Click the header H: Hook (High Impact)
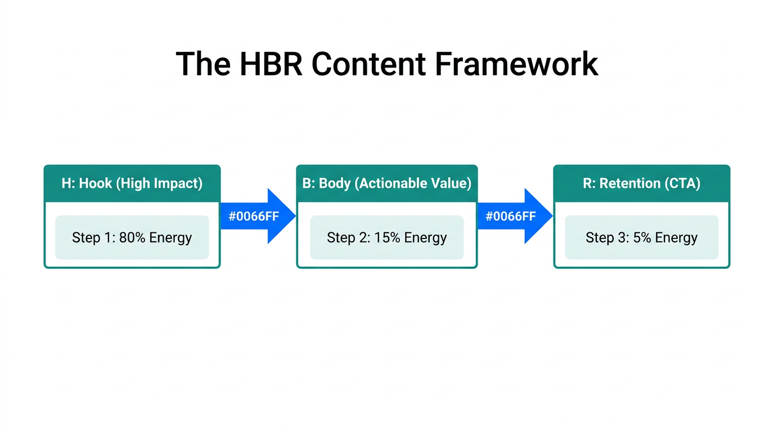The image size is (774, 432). click(x=132, y=183)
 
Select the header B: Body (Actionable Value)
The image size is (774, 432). click(x=387, y=183)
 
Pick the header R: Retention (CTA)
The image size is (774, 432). click(x=642, y=183)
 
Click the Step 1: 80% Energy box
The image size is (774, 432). click(x=132, y=237)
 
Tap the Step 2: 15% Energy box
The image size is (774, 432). click(x=387, y=237)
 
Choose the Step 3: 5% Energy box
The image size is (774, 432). click(x=642, y=237)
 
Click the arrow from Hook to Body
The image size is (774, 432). click(x=258, y=216)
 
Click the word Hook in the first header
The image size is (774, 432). click(x=95, y=183)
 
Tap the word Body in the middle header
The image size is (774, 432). click(x=335, y=183)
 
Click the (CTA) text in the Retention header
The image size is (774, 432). click(x=683, y=183)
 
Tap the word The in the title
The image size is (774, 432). click(x=203, y=64)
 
